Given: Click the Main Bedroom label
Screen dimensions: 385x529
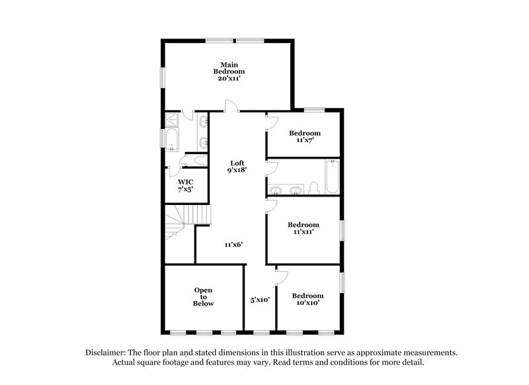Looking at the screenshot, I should (229, 67).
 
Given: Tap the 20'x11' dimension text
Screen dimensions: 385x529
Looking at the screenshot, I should (229, 78).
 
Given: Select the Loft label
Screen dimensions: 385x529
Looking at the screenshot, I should (237, 163).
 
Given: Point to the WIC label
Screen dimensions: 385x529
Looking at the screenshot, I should (185, 181).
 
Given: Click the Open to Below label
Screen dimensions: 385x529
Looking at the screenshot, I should (204, 296).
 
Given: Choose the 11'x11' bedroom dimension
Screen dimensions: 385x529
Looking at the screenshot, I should (304, 232).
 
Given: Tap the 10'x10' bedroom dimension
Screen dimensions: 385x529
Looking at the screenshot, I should (307, 302).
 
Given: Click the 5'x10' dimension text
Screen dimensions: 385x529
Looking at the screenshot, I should (260, 299).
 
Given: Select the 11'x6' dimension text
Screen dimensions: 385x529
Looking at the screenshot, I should (233, 244).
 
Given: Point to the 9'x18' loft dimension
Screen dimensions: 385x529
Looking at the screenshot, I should (237, 171).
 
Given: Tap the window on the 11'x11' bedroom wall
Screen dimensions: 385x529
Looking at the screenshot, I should (343, 230).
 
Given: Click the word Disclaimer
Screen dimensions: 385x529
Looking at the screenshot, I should (106, 353).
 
